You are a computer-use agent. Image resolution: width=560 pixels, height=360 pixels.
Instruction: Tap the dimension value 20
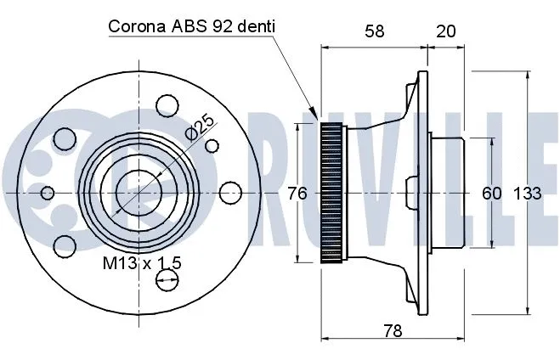click(x=445, y=31)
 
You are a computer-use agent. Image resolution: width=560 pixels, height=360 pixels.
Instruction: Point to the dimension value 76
click(x=297, y=194)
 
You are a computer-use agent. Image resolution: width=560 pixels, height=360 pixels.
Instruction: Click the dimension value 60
click(x=491, y=194)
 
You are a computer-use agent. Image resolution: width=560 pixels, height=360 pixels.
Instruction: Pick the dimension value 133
click(x=527, y=194)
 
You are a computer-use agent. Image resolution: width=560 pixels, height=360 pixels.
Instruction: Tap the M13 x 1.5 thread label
click(x=142, y=263)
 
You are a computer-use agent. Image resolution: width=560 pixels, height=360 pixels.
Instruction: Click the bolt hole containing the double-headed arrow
click(x=171, y=276)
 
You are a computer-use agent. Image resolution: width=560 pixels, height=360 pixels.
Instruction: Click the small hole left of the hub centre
click(x=48, y=193)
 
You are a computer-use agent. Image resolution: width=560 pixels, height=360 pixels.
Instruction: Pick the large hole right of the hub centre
click(x=228, y=193)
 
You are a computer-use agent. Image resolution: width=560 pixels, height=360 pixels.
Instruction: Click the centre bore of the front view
click(x=132, y=193)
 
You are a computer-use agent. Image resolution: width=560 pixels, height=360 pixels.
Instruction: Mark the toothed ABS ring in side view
click(x=332, y=193)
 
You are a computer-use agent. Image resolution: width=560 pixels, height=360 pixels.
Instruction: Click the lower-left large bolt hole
click(x=61, y=246)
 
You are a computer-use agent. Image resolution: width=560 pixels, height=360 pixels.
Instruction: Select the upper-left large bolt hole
click(x=62, y=138)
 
